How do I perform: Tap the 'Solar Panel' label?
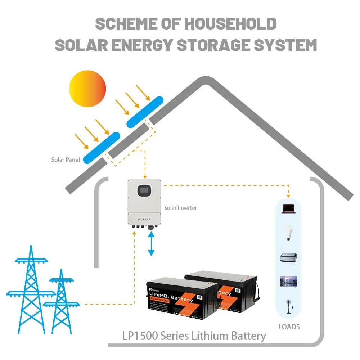coord(65,159)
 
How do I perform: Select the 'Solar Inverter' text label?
coord(180,208)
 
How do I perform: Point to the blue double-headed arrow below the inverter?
coord(151,244)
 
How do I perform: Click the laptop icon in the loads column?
coord(289,208)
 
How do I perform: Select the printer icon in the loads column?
coord(288,258)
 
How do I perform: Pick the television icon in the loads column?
coord(288,282)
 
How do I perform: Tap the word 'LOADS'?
coord(289,327)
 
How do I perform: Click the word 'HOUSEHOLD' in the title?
coord(230,24)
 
